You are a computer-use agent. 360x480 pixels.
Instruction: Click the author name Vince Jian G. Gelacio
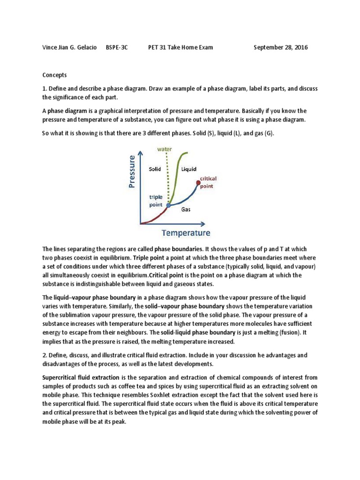pyautogui.click(x=71, y=48)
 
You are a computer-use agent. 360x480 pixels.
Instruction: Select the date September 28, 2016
pyautogui.click(x=281, y=48)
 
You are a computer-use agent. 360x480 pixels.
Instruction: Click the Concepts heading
pyautogui.click(x=55, y=75)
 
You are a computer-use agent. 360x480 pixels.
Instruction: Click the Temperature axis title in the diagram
pyautogui.click(x=186, y=233)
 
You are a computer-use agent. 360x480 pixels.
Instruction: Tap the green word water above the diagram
pyautogui.click(x=165, y=150)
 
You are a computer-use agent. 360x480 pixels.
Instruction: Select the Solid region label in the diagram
pyautogui.click(x=155, y=169)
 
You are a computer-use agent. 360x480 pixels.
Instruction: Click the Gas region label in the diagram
pyautogui.click(x=186, y=210)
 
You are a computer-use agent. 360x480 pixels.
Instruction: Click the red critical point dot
pyautogui.click(x=198, y=182)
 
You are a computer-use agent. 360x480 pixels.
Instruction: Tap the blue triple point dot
pyautogui.click(x=168, y=205)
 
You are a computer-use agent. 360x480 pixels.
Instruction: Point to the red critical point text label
pyautogui.click(x=208, y=182)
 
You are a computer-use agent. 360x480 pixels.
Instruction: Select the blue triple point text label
pyautogui.click(x=156, y=201)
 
